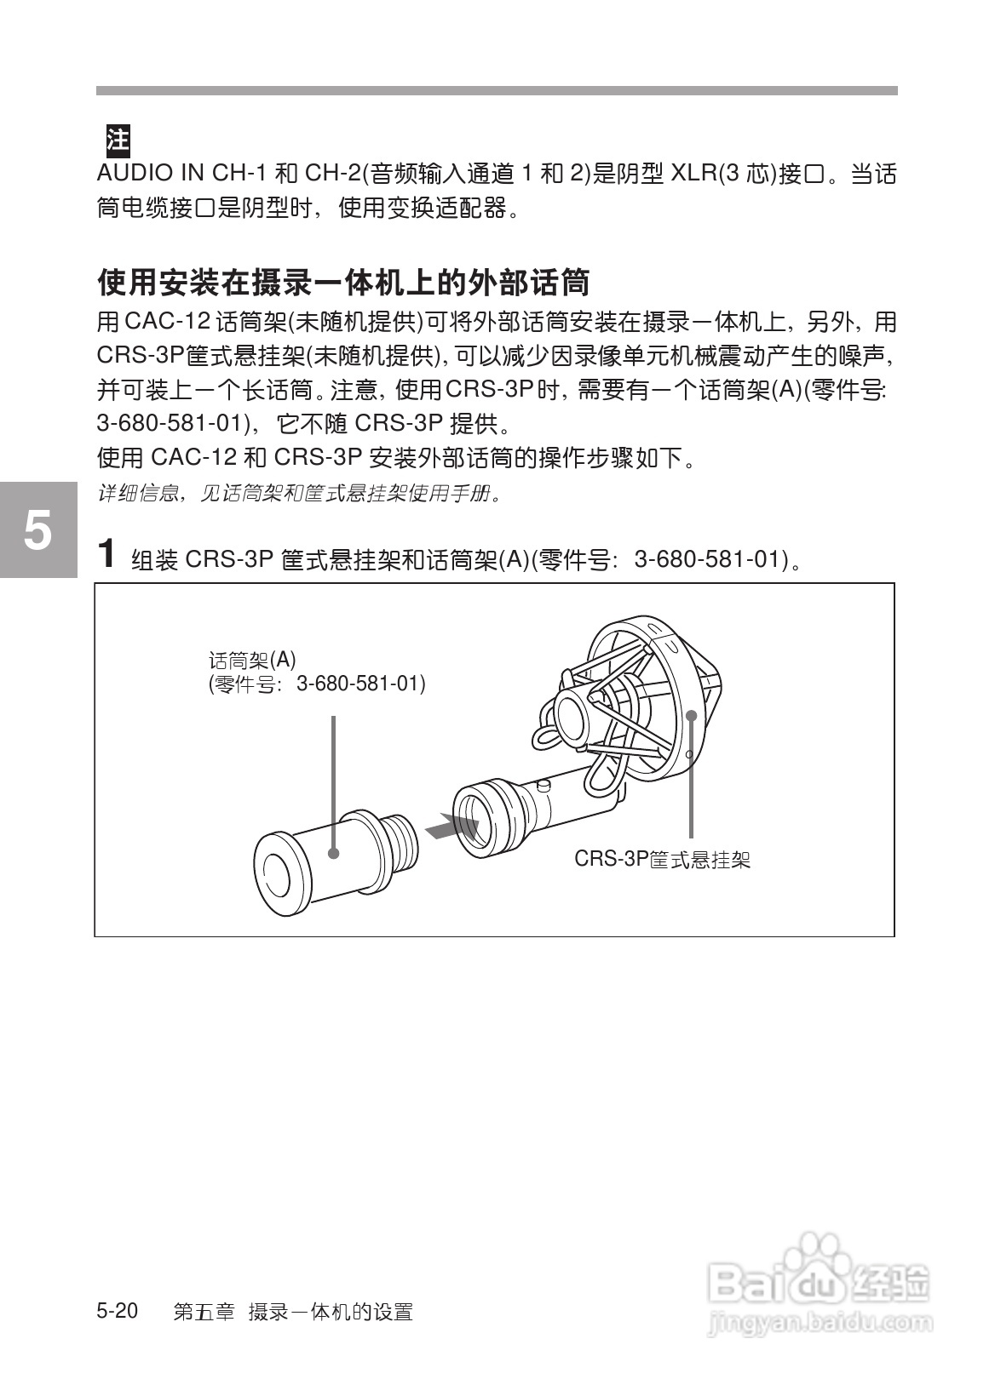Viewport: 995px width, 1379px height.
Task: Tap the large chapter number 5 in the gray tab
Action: click(x=37, y=531)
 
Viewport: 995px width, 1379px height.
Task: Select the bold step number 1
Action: click(x=106, y=554)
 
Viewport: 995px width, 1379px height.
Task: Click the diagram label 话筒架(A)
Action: click(x=252, y=661)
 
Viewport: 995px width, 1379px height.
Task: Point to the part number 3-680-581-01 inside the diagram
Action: click(x=360, y=684)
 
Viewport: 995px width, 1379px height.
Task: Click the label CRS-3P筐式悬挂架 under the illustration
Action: click(x=662, y=859)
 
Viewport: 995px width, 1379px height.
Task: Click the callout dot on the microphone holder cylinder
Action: click(x=333, y=852)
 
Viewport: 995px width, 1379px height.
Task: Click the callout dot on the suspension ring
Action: click(x=692, y=715)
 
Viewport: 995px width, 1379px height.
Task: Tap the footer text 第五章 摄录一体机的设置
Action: click(x=292, y=1312)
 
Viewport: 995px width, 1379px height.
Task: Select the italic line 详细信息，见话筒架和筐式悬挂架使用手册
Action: click(x=298, y=494)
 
